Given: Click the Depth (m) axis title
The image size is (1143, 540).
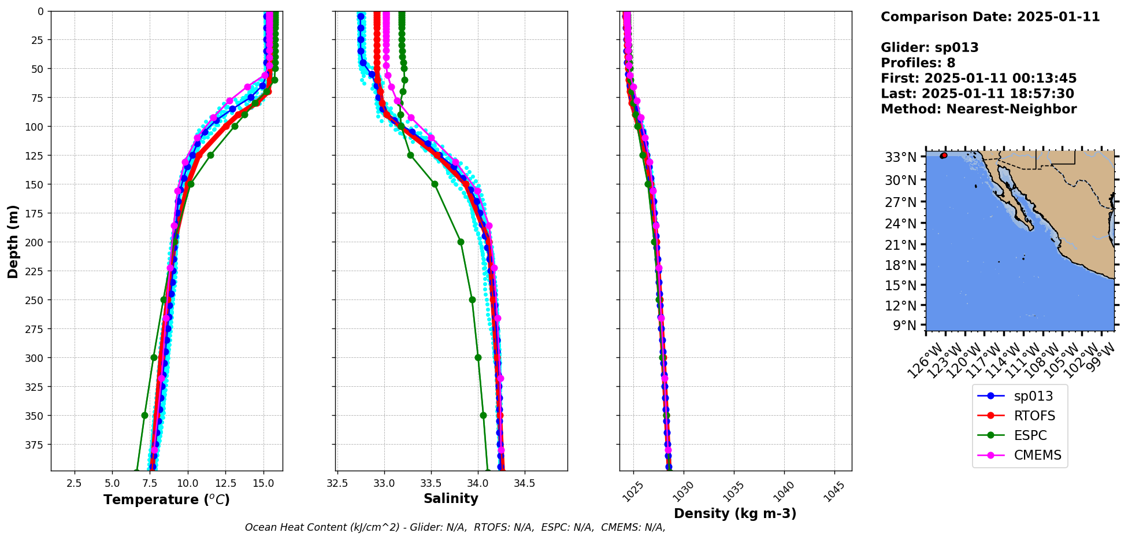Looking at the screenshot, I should (x=13, y=241).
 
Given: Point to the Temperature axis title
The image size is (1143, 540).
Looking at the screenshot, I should (x=166, y=500).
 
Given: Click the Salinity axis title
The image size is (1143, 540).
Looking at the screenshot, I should (x=451, y=498).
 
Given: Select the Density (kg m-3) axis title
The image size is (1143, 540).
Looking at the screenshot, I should (x=735, y=513).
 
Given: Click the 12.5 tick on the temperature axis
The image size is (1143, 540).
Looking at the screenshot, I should (x=225, y=483).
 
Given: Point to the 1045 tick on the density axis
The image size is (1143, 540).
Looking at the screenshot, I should (x=834, y=491).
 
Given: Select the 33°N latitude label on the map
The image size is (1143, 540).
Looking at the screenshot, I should (x=901, y=157).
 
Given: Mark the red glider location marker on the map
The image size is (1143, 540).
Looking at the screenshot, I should (x=944, y=156).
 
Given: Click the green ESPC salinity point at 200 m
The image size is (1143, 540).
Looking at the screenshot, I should (x=461, y=242).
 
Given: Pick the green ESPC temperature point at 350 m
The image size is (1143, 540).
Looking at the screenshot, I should (x=144, y=415).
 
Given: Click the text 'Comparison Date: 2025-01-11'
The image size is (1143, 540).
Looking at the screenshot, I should (x=990, y=17).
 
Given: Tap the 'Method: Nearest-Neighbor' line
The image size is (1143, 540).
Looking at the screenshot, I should (x=978, y=109).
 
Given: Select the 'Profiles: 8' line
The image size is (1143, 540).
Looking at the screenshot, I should (x=918, y=63).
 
